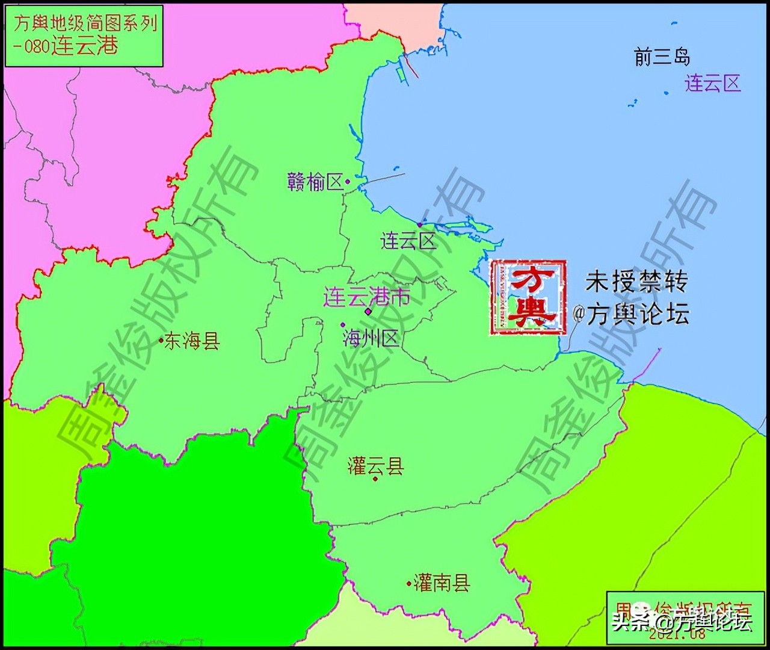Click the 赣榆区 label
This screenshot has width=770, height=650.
coord(315,181)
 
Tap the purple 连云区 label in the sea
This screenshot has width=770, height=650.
coord(712,83)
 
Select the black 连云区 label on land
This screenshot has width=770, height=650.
coord(408,241)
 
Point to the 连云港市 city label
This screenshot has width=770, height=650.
coord(367,297)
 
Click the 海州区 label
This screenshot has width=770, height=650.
coord(371,338)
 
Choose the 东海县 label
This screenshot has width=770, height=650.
coord(192,341)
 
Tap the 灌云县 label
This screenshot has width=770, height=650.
coord(375,466)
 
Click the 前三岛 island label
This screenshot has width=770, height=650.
coord(662,57)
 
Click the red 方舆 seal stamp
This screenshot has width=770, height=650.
coord(528,297)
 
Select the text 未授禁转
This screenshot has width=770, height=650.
coord(636,281)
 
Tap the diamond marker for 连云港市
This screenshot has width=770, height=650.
coord(368,311)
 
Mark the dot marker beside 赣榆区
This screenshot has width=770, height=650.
coord(348,181)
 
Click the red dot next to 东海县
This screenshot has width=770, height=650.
coord(161,341)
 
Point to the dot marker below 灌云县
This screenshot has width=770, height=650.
coord(375,479)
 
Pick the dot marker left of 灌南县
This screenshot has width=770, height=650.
coord(409,583)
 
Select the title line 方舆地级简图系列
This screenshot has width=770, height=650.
coord(84,23)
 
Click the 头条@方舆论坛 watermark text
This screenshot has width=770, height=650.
coord(682,621)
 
